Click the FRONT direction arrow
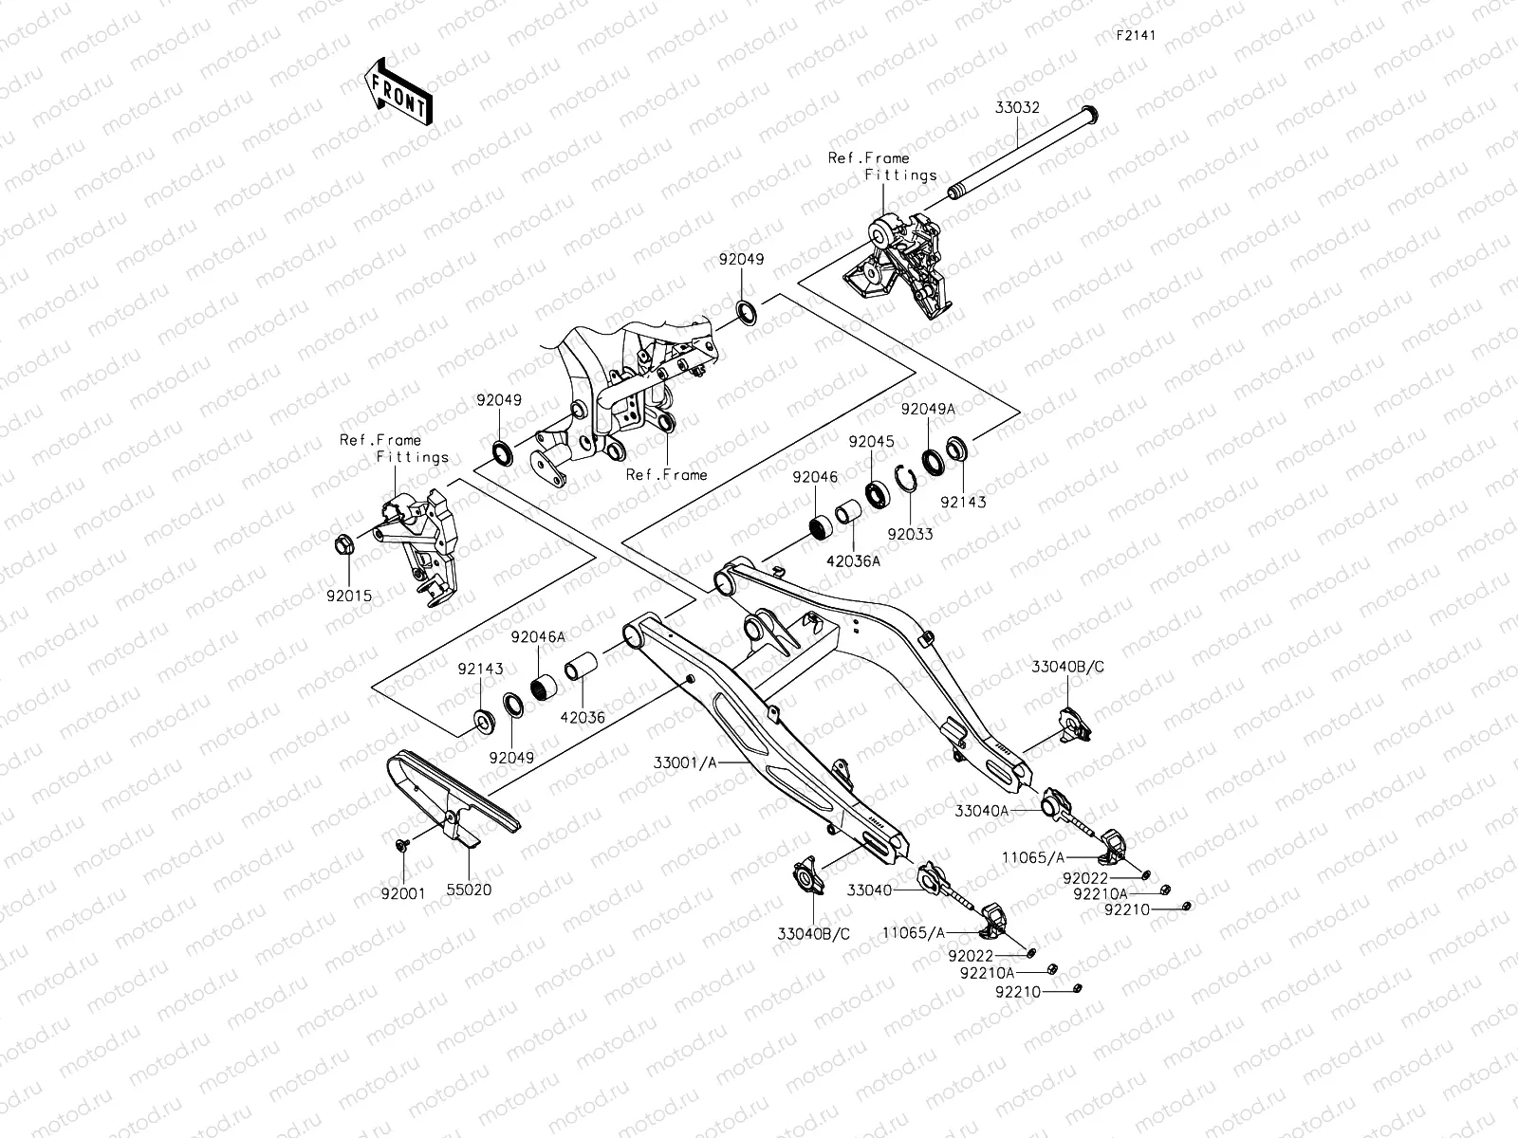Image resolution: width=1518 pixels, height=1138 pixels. coord(398,92)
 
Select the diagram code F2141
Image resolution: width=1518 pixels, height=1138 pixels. coord(1136,35)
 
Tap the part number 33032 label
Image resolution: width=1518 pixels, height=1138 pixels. coord(1017,108)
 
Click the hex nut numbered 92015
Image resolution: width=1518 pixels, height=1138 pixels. coord(344,545)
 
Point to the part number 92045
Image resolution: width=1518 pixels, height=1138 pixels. coord(871,442)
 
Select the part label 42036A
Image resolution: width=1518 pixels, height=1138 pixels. coord(853,561)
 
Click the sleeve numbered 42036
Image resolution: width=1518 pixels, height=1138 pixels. coord(581,666)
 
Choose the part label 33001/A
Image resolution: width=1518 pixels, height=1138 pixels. coord(685,762)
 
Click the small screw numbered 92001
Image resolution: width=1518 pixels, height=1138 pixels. coord(402,844)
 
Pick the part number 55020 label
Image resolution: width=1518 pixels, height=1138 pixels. coord(469,890)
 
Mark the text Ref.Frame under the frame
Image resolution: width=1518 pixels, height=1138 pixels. coord(666,475)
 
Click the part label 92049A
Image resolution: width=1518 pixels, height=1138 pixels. coord(928,409)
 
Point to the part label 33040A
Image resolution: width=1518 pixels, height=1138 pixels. coord(982,811)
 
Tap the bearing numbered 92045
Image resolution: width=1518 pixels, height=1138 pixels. coord(879,494)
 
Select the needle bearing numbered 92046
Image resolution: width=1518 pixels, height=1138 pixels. coord(821,528)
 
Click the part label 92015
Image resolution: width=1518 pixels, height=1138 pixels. coord(349,596)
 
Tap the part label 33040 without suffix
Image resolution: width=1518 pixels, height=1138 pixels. coord(869,890)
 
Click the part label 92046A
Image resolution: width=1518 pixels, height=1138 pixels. coord(538,637)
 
